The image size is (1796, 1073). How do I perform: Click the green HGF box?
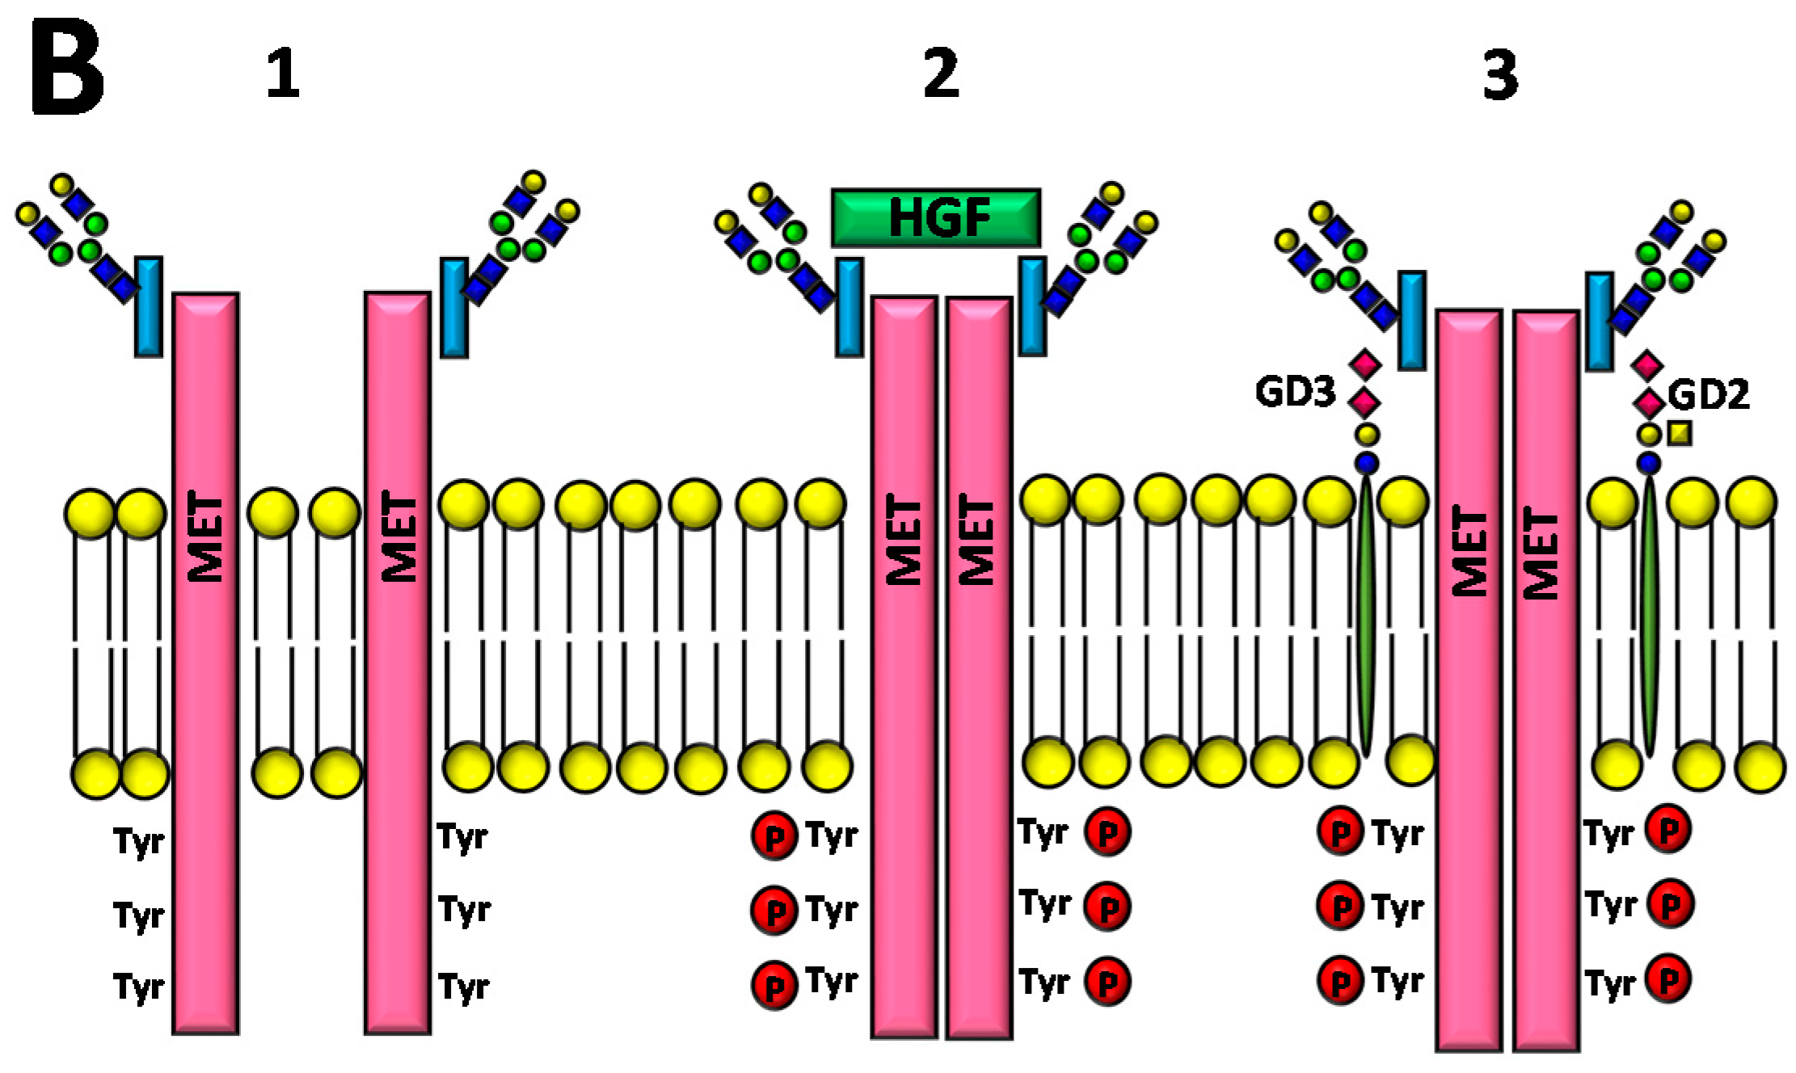point(935,217)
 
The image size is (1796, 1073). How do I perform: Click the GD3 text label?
point(1294,393)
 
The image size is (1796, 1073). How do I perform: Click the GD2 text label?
point(1708,396)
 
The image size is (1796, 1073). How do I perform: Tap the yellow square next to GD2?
point(1680,434)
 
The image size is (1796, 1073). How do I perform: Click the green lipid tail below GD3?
point(1366,614)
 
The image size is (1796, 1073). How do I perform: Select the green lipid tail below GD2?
point(1649,614)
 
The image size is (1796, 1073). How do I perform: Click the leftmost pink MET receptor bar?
point(205,663)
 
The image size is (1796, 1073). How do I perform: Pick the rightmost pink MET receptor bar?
point(1545,679)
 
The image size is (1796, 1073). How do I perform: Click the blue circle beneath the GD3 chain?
point(1367,463)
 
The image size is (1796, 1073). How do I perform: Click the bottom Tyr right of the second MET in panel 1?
point(464,987)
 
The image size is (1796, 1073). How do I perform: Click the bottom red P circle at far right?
point(1668,979)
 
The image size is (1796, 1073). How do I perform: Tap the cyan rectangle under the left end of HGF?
point(849,307)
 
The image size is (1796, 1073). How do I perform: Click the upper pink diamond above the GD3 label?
point(1365,364)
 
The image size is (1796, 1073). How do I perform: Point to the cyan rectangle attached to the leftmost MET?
point(149,307)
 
